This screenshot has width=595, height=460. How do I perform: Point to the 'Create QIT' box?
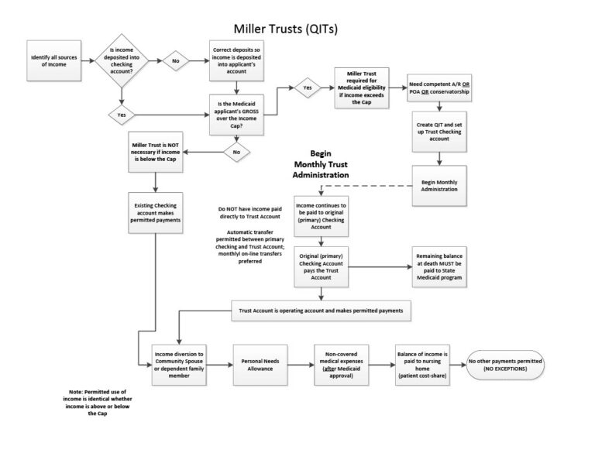click(439, 131)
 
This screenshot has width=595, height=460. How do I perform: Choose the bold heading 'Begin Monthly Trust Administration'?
click(320, 164)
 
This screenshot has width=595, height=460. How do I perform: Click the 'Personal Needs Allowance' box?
click(261, 362)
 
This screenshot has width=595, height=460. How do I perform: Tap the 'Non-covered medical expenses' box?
click(341, 362)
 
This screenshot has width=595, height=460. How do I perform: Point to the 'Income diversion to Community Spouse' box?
click(180, 362)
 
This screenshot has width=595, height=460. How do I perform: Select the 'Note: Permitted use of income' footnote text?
click(96, 403)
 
